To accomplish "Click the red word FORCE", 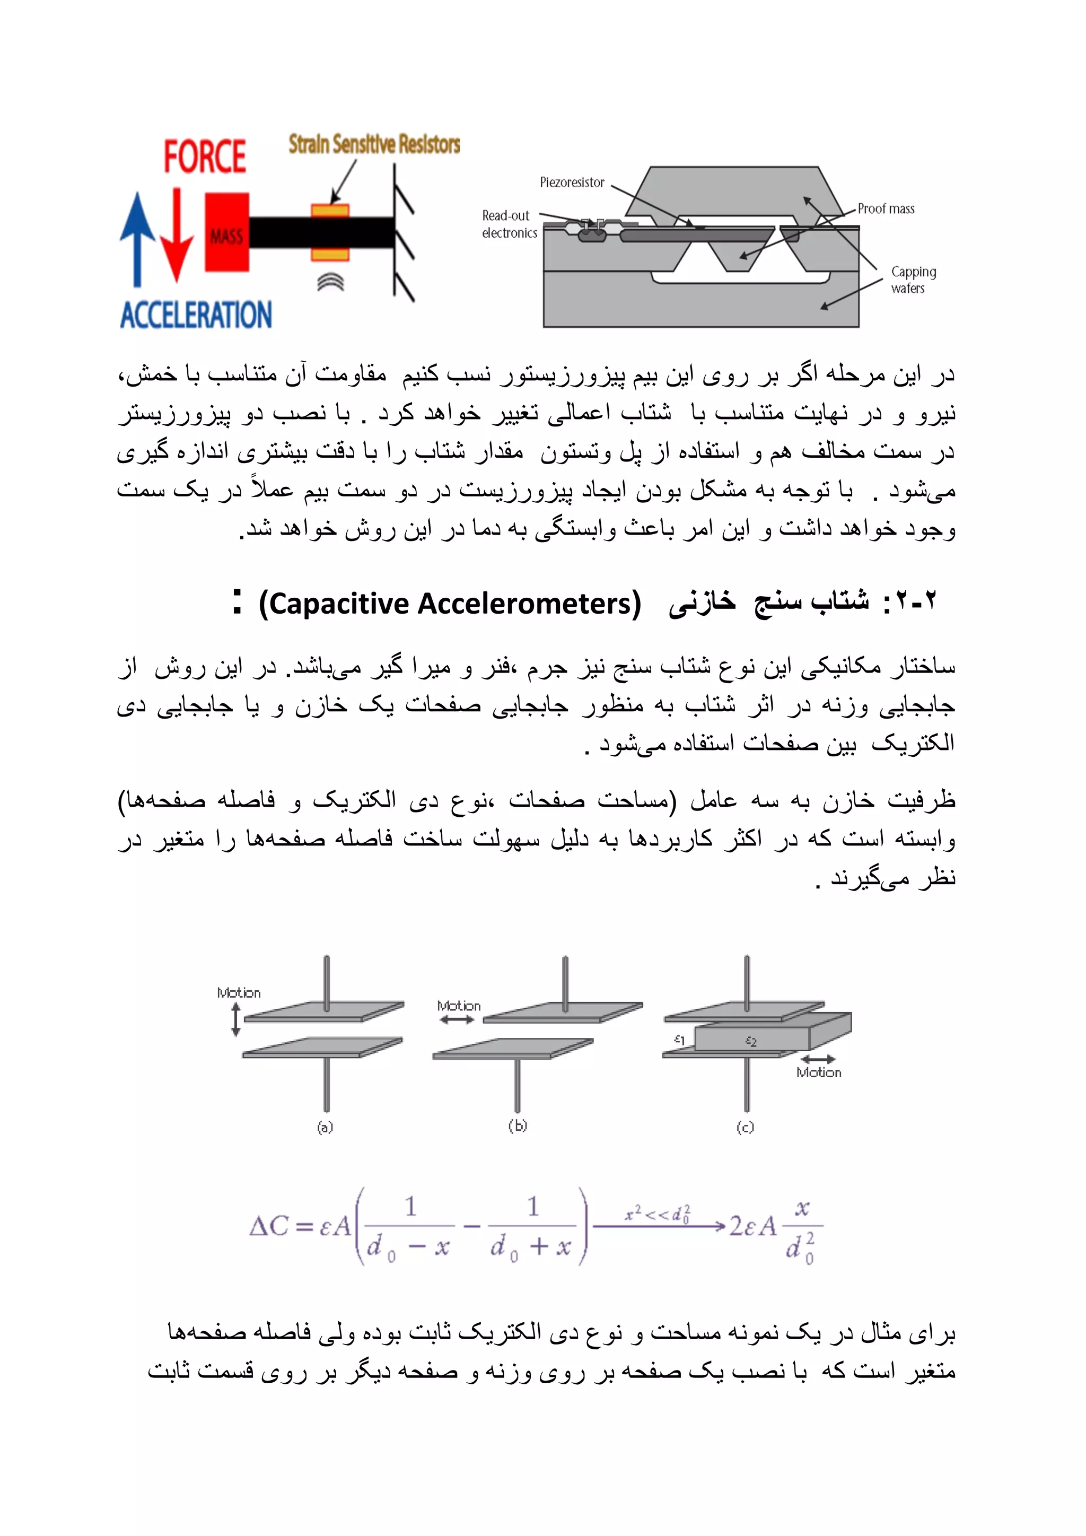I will (205, 156).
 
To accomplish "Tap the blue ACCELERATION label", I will (196, 315).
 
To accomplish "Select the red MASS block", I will (227, 233).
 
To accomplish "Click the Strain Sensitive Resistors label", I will (374, 144).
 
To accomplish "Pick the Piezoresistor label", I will (572, 182).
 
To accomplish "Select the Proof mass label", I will (886, 209).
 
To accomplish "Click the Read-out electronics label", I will (510, 224).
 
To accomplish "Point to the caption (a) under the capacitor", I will (325, 1127).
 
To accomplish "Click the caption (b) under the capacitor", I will (518, 1126).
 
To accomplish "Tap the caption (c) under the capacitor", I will (745, 1127).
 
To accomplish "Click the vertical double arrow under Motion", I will (235, 1021).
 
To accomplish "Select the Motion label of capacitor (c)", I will (819, 1072).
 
